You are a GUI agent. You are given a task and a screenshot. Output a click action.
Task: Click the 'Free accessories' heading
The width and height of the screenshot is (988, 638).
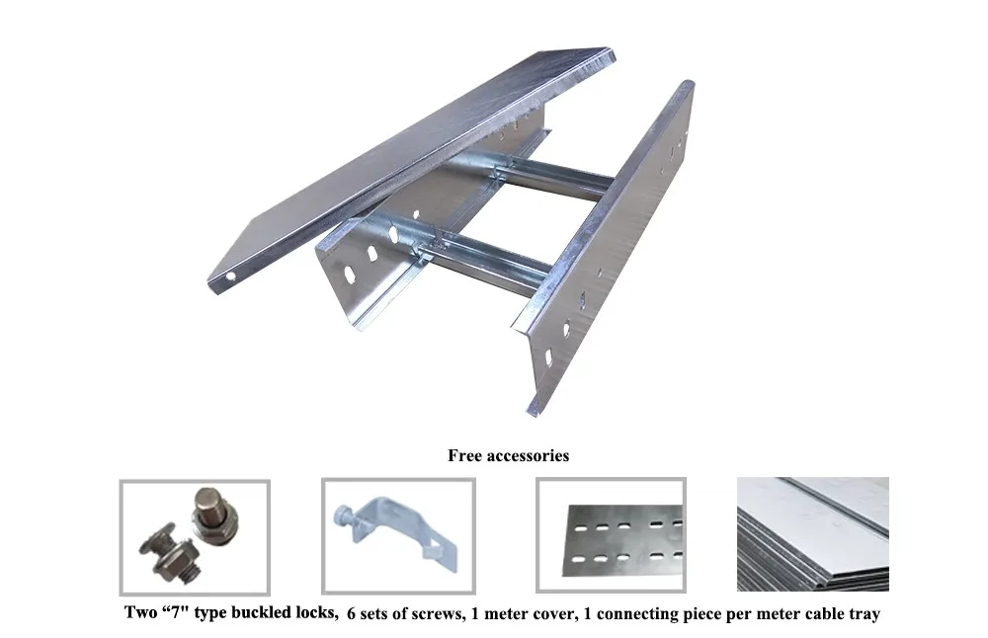point(508,456)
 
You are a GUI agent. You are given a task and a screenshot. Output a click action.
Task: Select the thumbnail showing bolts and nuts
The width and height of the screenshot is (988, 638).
point(195,537)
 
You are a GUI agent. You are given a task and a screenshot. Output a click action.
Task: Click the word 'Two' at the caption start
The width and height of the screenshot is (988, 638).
point(139,614)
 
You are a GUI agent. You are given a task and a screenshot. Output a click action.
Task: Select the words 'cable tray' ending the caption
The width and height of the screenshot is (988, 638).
point(843,614)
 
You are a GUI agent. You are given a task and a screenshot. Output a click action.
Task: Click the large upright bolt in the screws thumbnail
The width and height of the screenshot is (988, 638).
point(210,515)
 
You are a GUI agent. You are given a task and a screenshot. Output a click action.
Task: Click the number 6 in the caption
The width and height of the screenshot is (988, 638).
point(352,614)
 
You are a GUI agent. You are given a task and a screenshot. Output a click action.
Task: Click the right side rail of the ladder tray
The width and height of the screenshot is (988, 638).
point(613,247)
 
